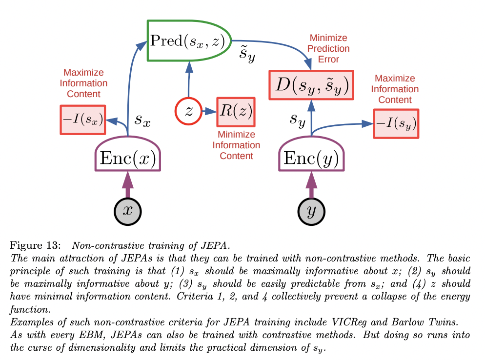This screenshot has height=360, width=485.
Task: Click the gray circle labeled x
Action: pos(128,211)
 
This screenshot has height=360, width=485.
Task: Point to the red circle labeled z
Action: pos(188,112)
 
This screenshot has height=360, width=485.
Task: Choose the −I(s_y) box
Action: pos(396,124)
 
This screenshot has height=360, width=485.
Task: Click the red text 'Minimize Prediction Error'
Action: pos(328,48)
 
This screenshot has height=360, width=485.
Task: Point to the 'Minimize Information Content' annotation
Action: pos(236,145)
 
